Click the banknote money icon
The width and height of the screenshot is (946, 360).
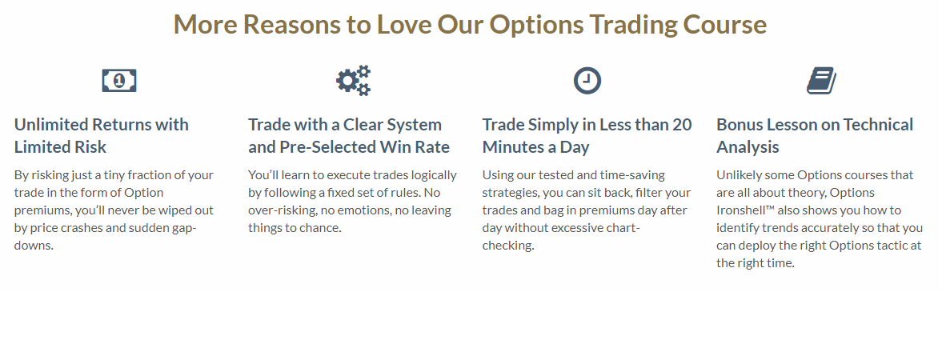click(x=119, y=80)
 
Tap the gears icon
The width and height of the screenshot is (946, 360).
click(x=354, y=80)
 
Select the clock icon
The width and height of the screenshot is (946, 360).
click(x=587, y=80)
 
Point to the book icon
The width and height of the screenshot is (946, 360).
click(x=822, y=80)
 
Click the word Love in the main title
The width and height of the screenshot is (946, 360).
click(x=403, y=24)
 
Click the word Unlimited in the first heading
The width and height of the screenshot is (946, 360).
click(x=50, y=125)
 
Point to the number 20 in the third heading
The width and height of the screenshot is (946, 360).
click(x=682, y=125)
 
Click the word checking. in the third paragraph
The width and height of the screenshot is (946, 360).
click(x=508, y=246)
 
